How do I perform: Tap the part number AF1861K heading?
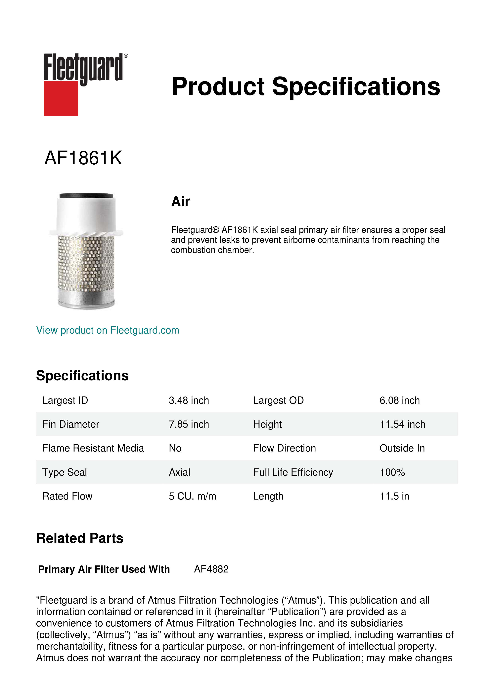[83, 158]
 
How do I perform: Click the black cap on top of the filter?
[86, 195]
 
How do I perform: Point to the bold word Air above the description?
[180, 201]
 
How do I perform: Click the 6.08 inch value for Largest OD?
[399, 400]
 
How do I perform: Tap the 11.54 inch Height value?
[402, 424]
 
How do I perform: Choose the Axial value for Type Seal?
[179, 472]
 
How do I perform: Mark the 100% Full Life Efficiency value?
[392, 472]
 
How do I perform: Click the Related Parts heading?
[80, 538]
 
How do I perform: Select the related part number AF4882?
[211, 569]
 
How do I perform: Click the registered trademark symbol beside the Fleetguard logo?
[126, 56]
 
